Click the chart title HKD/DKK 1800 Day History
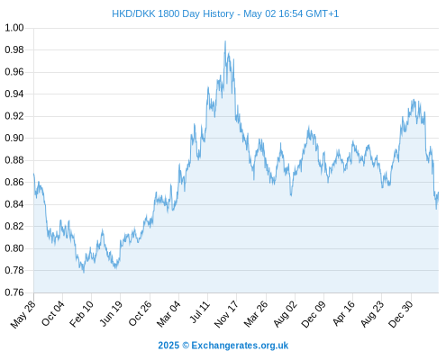(x=173, y=13)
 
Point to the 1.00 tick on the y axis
(x=14, y=28)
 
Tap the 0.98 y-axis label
(x=14, y=49)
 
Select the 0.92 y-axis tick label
(x=14, y=116)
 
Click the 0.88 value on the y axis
(x=14, y=160)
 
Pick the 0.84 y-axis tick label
(x=14, y=204)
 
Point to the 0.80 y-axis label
(x=14, y=248)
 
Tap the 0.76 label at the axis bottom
(x=14, y=292)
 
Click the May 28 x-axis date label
(x=23, y=314)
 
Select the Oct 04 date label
(x=53, y=314)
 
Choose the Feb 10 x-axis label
(x=81, y=314)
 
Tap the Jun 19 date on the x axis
(x=111, y=314)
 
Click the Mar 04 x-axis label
(x=168, y=314)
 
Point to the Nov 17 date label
(x=226, y=314)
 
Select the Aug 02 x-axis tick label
(x=286, y=314)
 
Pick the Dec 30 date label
(x=401, y=314)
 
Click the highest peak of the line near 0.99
(x=225, y=41)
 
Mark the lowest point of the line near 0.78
(x=84, y=272)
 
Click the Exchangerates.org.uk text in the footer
(x=240, y=346)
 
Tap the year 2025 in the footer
(x=168, y=346)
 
